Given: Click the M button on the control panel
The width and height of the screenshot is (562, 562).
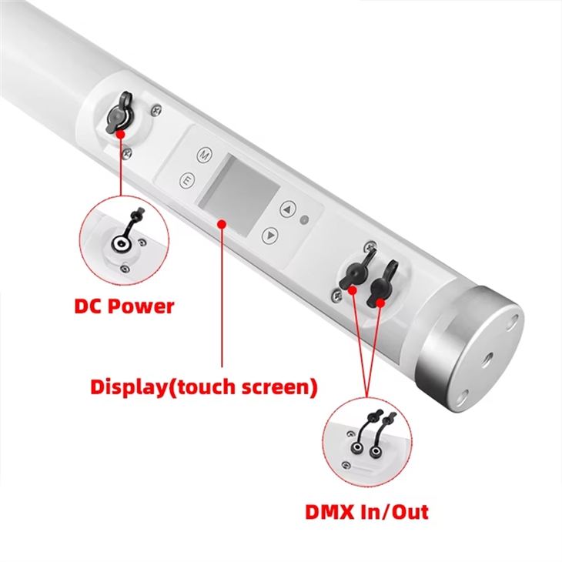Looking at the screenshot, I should coord(204,154).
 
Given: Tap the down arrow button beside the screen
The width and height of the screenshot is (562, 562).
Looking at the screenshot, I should coord(269,234).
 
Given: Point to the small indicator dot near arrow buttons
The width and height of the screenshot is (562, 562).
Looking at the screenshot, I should coord(305,220).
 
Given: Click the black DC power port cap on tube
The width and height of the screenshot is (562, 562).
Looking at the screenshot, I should coord(117,116).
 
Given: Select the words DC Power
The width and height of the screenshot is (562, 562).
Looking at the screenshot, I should coord(124,306).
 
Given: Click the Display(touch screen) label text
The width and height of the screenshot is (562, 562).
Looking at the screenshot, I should coord(203,386).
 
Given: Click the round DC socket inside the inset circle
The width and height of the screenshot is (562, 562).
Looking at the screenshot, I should coord(118,245).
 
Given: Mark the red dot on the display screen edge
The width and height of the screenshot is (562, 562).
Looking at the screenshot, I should coord(222,224).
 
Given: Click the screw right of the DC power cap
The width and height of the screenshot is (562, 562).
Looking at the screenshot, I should coord(157,112).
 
